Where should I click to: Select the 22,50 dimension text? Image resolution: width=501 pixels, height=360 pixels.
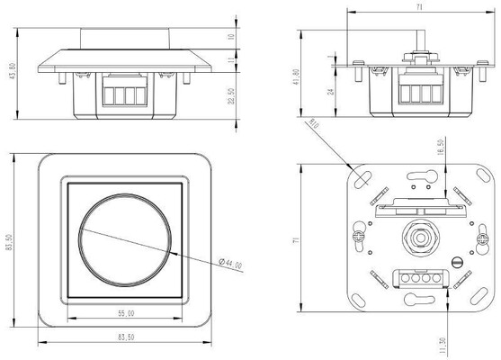click(x=231, y=96)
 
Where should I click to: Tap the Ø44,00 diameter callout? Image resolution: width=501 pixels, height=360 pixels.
click(x=230, y=264)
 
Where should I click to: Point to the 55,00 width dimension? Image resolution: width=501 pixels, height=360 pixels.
click(x=126, y=313)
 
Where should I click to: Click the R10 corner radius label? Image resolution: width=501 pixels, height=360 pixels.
click(x=314, y=123)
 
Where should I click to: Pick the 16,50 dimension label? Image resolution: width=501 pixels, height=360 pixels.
click(x=441, y=148)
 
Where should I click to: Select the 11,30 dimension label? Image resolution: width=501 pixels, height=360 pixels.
click(x=443, y=346)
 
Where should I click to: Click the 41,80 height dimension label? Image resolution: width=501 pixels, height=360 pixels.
click(x=296, y=77)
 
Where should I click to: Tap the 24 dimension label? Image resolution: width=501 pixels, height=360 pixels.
click(x=331, y=92)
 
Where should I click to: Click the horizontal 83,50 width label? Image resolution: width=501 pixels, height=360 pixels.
click(x=126, y=337)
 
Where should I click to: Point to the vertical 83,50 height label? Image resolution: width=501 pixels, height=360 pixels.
click(x=9, y=242)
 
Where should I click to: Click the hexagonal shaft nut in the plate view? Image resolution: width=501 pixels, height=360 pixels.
click(x=420, y=238)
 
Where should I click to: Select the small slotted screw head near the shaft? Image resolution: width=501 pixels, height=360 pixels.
click(x=458, y=262)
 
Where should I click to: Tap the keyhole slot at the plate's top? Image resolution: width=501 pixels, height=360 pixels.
click(x=423, y=175)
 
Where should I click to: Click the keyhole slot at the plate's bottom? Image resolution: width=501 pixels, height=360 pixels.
click(x=419, y=300)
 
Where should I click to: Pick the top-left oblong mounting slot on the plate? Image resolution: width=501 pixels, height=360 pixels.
click(x=362, y=179)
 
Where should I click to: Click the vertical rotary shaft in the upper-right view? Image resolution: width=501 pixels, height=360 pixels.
click(x=420, y=40)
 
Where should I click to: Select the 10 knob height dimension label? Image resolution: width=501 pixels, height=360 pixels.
click(x=231, y=37)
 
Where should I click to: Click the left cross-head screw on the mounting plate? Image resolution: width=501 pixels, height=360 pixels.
click(x=359, y=238)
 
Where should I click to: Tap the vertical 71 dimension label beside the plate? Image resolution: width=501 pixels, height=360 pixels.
click(x=296, y=239)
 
